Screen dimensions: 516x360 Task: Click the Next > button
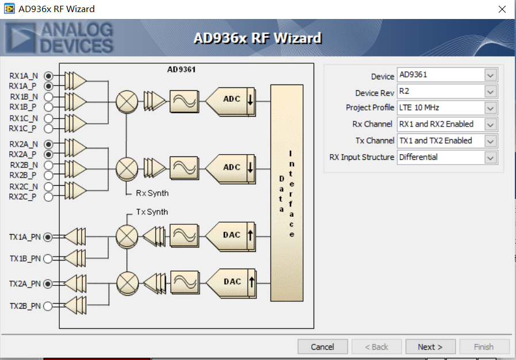coord(430,347)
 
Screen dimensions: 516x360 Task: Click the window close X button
coord(502,9)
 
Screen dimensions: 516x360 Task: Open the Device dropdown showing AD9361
coord(447,75)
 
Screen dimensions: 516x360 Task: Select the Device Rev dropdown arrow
coord(490,91)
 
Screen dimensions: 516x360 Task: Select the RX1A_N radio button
coord(48,76)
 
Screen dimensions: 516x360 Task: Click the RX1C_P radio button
coord(48,128)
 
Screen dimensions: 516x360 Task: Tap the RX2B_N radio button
coord(48,165)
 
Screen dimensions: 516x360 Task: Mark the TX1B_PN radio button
coord(48,259)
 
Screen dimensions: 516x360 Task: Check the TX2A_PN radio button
coord(48,284)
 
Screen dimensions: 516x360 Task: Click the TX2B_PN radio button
coord(48,306)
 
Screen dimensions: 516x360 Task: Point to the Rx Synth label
coord(152,193)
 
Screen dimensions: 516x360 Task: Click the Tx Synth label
coord(152,212)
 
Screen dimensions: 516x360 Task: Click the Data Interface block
coord(286,193)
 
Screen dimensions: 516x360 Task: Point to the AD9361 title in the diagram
coord(181,70)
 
